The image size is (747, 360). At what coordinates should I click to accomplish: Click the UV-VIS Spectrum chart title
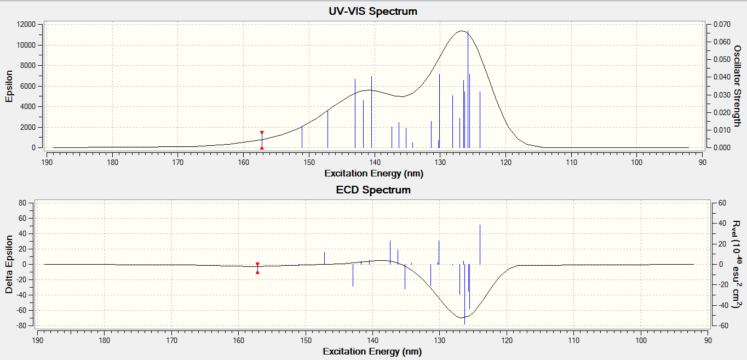tap(373, 11)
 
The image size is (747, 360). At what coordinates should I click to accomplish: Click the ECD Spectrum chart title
tap(373, 190)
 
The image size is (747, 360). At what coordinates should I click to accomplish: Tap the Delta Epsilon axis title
tap(9, 264)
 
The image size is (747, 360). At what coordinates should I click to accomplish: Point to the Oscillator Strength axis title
tap(737, 86)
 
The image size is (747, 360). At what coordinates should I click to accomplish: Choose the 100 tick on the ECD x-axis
tap(640, 341)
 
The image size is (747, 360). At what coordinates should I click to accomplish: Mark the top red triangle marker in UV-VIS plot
tap(262, 133)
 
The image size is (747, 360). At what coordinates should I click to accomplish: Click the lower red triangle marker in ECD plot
tap(257, 272)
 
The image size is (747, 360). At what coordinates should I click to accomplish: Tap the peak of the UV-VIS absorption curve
tap(462, 31)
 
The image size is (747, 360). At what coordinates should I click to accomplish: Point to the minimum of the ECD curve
tap(462, 317)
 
